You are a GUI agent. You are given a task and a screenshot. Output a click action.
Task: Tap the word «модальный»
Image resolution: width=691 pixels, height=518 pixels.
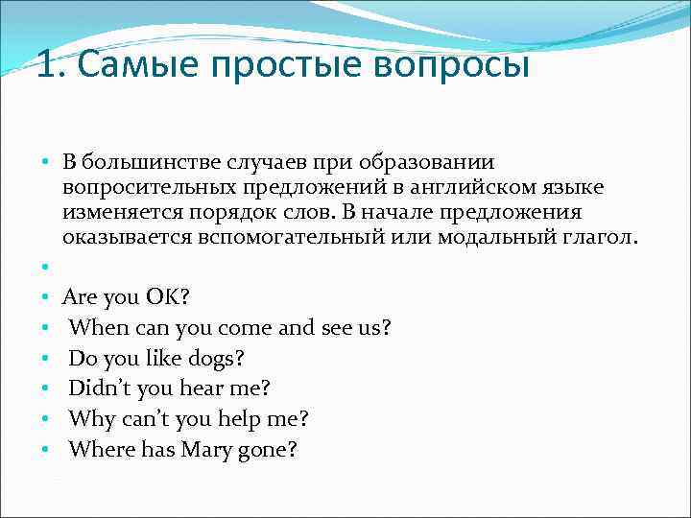(499, 237)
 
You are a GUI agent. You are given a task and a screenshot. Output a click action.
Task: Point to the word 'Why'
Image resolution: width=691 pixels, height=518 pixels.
(91, 419)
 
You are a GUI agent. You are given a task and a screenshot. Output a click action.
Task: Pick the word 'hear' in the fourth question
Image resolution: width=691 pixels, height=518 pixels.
(186, 388)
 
